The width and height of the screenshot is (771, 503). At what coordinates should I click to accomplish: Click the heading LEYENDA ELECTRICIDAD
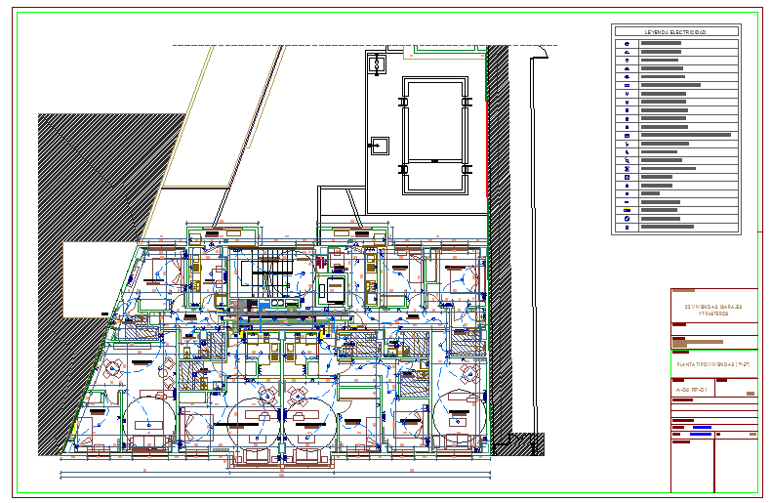(x=675, y=32)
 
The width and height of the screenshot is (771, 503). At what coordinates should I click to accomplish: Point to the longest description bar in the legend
(x=686, y=135)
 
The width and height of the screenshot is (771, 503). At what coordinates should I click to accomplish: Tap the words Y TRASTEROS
(x=713, y=314)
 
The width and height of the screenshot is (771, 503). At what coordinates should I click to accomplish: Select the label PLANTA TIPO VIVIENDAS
(x=712, y=363)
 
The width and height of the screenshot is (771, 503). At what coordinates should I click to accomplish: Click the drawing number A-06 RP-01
(x=692, y=389)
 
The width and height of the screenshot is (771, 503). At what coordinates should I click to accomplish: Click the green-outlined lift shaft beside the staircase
(x=334, y=290)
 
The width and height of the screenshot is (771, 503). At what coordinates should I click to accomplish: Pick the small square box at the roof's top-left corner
(x=377, y=64)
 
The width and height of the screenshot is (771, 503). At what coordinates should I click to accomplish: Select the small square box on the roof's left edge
(x=377, y=147)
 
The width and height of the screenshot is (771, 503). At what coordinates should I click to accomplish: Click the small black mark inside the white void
(x=107, y=313)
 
